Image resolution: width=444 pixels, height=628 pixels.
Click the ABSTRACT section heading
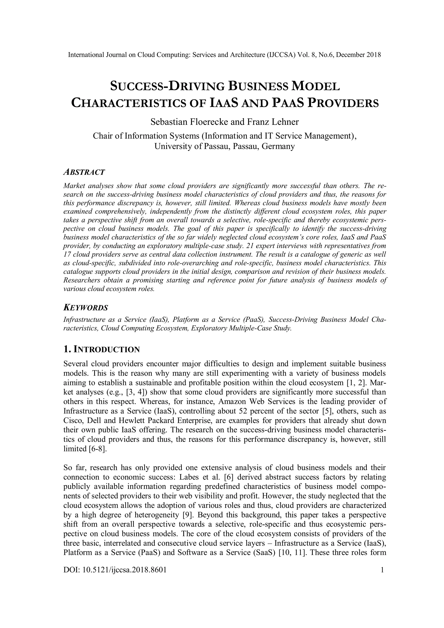pyautogui.click(x=84, y=172)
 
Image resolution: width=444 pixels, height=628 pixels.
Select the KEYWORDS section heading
pyautogui.click(x=86, y=307)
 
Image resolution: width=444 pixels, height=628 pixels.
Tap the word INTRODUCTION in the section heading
pyautogui.click(x=107, y=350)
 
